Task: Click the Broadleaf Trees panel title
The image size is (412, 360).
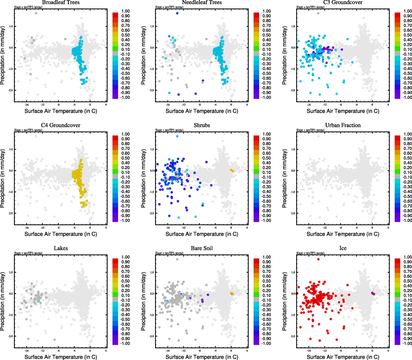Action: click(61, 2)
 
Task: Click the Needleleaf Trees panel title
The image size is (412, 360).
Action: click(202, 2)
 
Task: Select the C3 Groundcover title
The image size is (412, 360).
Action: click(343, 2)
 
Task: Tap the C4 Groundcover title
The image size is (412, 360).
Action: click(61, 125)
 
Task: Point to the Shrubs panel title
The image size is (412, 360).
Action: click(202, 125)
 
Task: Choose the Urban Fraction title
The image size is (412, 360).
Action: click(343, 125)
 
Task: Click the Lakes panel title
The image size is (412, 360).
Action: click(61, 248)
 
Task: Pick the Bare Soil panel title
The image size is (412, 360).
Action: click(202, 248)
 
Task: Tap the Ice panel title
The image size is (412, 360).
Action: click(343, 248)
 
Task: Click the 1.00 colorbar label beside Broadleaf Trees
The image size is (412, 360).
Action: click(125, 11)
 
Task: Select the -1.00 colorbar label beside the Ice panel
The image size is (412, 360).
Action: click(407, 343)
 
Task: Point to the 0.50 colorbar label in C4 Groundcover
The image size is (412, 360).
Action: click(125, 158)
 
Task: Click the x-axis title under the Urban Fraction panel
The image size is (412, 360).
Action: click(343, 234)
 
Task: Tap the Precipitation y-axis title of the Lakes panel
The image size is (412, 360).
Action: click(3, 301)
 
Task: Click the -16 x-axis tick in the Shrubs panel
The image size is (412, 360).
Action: click(168, 228)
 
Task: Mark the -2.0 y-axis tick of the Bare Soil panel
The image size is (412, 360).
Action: click(151, 336)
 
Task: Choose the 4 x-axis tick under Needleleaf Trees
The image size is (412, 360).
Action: click(247, 105)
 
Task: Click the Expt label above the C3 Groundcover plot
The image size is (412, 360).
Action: click(310, 7)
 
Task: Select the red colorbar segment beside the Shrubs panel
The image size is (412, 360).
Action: click(256, 138)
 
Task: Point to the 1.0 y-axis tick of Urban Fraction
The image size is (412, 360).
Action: click(293, 149)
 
